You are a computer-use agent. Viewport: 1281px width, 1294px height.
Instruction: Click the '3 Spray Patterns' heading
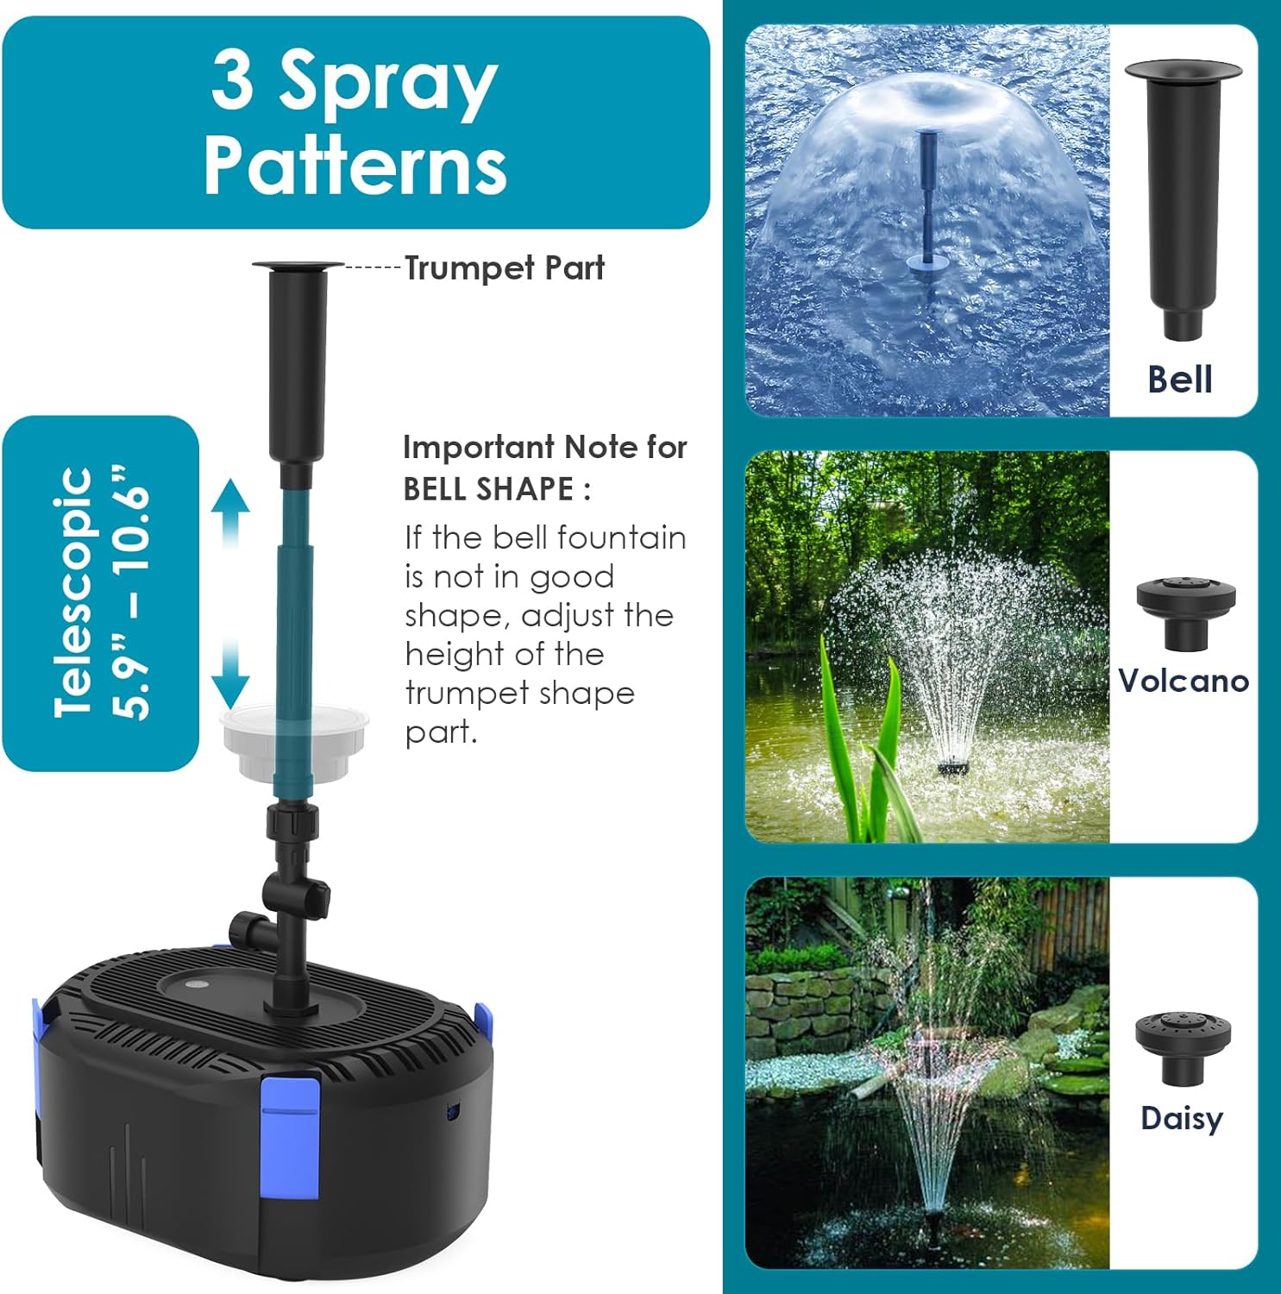tap(355, 122)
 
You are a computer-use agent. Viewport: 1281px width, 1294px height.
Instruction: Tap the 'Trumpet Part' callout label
tap(505, 268)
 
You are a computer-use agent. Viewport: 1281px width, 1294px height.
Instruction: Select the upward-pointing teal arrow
tap(230, 511)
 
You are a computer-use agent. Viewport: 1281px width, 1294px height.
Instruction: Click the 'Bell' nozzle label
tap(1179, 380)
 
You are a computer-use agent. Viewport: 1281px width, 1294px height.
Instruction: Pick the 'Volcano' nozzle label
tap(1184, 681)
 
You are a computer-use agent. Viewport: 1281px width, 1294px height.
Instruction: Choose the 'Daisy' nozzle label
tap(1182, 1118)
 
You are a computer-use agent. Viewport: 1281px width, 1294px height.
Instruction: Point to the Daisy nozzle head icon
tap(1183, 1046)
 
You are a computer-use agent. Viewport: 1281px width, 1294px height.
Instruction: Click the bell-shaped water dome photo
tap(927, 220)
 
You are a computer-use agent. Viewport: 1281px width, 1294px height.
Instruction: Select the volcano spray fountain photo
tap(927, 646)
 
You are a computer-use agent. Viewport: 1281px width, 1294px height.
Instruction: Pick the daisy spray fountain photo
tap(927, 1072)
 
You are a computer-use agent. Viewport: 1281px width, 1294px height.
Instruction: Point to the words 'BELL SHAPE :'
tap(497, 489)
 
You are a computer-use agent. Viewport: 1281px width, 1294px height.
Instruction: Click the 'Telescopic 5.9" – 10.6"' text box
tap(101, 593)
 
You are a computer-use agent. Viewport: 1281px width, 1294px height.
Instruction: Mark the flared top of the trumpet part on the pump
tap(298, 265)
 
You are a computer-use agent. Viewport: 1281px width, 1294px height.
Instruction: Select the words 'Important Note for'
tap(545, 447)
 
